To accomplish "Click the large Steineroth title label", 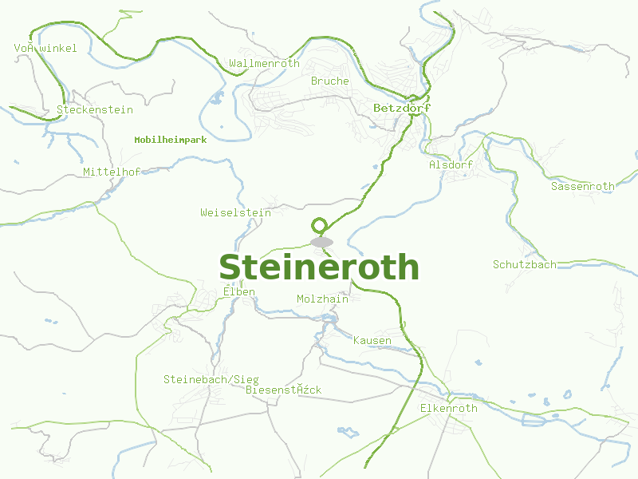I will pos(319,267).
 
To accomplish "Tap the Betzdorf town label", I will pos(402,108).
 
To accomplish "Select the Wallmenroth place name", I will pos(264,63).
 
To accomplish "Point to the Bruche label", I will pos(330,81).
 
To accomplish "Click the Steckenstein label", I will pos(95,110).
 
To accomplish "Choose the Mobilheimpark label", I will pos(171,140).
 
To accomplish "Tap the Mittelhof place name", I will pos(112,172).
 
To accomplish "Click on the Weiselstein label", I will pos(235,213).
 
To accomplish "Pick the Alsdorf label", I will pos(451,164).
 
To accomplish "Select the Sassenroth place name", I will pos(583,186).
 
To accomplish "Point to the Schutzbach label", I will pos(525,264).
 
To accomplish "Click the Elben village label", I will pos(239,292).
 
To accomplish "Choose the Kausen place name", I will pos(372,341).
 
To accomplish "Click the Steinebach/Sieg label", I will pos(211,379).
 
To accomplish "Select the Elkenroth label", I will pos(448,409).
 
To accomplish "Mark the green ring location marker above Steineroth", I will pos(320,225).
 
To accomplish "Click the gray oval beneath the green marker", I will pos(321,242).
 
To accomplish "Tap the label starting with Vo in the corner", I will pos(45,49).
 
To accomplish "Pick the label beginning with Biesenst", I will pos(284,390).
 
